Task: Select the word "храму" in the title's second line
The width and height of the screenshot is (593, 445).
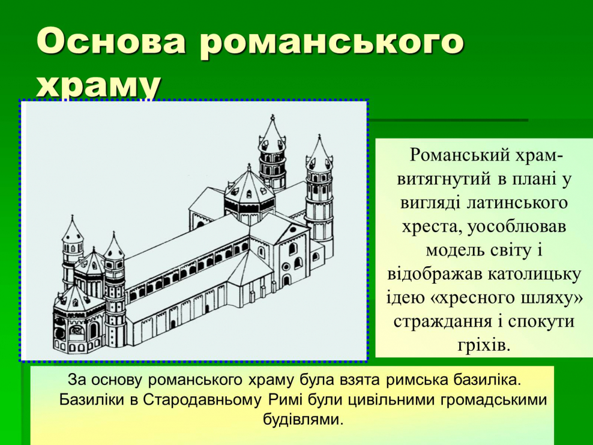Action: point(99,85)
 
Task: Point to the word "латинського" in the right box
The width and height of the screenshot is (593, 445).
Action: point(518,202)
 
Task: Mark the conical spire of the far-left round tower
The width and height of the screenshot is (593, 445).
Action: point(73,228)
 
